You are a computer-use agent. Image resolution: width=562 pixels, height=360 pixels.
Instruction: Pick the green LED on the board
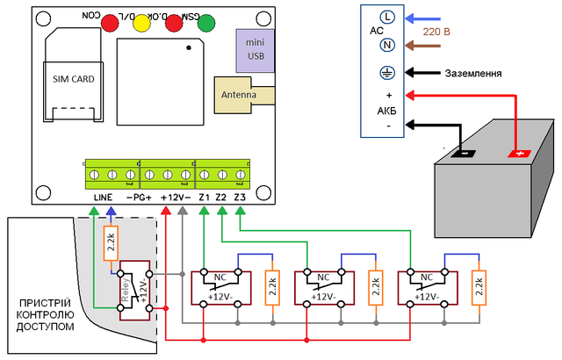pos(206,24)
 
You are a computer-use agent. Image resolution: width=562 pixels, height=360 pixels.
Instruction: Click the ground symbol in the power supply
pos(385,73)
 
